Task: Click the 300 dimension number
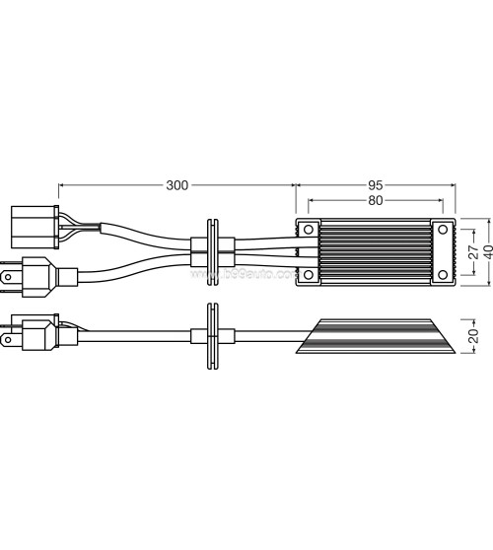[x=177, y=185]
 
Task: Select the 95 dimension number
[x=376, y=185]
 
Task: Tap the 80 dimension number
[x=375, y=201]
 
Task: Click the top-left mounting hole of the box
[x=309, y=230]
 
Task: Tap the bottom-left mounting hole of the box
[x=309, y=273]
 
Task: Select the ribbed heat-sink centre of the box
[x=376, y=251]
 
